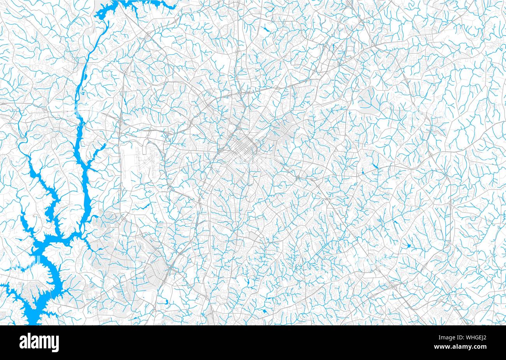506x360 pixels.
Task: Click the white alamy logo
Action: (x=39, y=342)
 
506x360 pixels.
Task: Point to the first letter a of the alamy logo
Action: (x=23, y=342)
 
